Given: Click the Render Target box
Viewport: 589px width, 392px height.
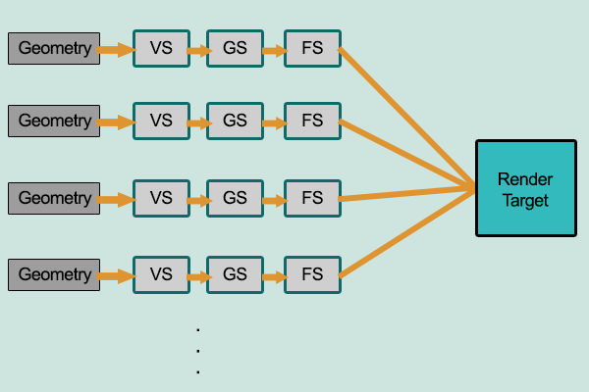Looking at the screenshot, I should pos(525,188).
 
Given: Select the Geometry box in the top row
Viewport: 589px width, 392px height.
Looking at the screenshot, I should pos(55,48).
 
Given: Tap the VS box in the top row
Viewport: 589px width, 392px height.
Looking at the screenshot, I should pos(161,48).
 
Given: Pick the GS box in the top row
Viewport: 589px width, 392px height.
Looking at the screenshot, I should pos(235,48).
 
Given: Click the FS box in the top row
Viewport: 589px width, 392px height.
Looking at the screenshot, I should pos(312,48).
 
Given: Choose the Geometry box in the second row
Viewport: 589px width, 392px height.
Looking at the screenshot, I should pos(55,122).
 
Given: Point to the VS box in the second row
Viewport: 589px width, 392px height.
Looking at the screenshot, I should pos(161,122).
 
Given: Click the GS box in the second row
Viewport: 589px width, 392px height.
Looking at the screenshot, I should pos(235,122).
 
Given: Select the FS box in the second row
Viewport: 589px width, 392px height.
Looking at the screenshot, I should pos(312,122).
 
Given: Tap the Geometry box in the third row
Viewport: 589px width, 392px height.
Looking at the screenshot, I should pos(55,198).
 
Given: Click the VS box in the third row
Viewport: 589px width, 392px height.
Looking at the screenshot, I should pos(161,198).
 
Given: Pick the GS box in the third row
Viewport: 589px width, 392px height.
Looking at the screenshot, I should pos(235,198).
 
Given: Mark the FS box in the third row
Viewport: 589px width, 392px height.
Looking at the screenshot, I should pos(312,198).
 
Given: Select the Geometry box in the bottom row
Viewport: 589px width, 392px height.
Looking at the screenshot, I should pos(55,273).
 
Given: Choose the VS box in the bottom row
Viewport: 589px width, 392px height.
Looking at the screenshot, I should pos(161,273).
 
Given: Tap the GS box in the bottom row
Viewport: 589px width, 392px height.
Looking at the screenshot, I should pos(235,273).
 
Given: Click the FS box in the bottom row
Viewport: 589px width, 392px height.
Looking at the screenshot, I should pos(312,273).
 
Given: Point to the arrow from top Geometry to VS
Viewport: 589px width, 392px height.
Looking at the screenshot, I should pos(117,49).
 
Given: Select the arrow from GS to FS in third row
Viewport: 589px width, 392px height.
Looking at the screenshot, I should pos(274,199).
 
